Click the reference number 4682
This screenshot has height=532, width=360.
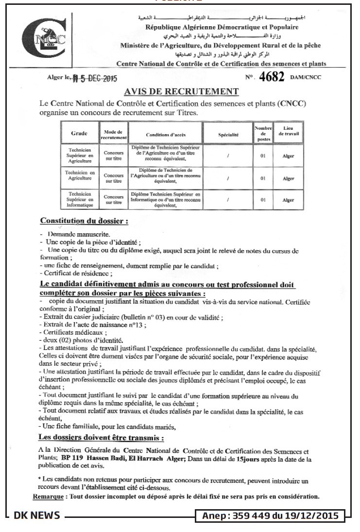pyautogui.click(x=272, y=77)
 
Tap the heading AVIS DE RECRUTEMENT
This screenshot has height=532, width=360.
pyautogui.click(x=182, y=91)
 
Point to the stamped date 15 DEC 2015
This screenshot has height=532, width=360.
pyautogui.click(x=97, y=78)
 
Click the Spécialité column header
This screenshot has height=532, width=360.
pyautogui.click(x=228, y=133)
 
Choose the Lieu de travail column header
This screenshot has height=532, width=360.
pyautogui.click(x=288, y=131)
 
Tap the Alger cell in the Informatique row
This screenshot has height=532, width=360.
pyautogui.click(x=288, y=200)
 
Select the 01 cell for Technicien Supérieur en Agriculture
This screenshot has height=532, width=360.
pyautogui.click(x=263, y=155)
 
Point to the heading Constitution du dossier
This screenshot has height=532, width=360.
pyautogui.click(x=84, y=222)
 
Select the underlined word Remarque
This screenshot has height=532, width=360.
pyautogui.click(x=49, y=497)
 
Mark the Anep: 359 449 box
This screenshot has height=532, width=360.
pyautogui.click(x=271, y=516)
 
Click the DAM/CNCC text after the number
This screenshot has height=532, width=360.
pyautogui.click(x=306, y=78)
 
